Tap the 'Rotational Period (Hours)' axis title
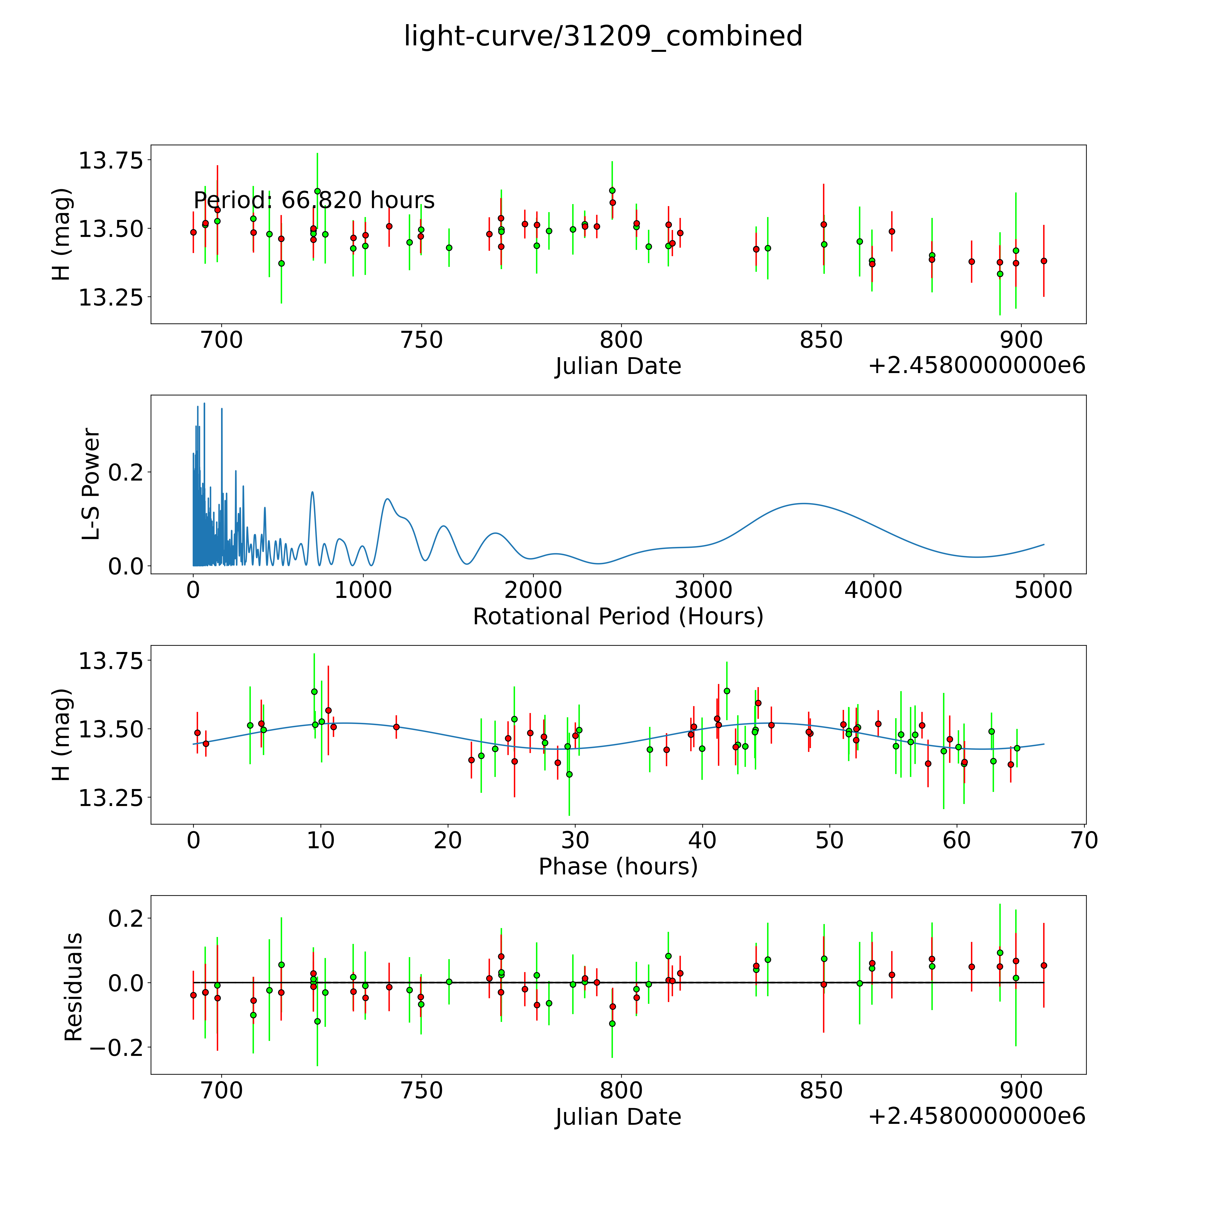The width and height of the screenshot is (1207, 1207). pos(618,617)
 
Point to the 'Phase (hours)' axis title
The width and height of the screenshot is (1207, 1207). pos(618,867)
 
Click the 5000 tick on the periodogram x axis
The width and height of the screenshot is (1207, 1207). pos(1043,590)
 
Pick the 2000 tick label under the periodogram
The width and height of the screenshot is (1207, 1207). pos(533,590)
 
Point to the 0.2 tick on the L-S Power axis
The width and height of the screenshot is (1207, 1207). pos(126,472)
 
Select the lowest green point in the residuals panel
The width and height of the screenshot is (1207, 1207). pos(612,1023)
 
